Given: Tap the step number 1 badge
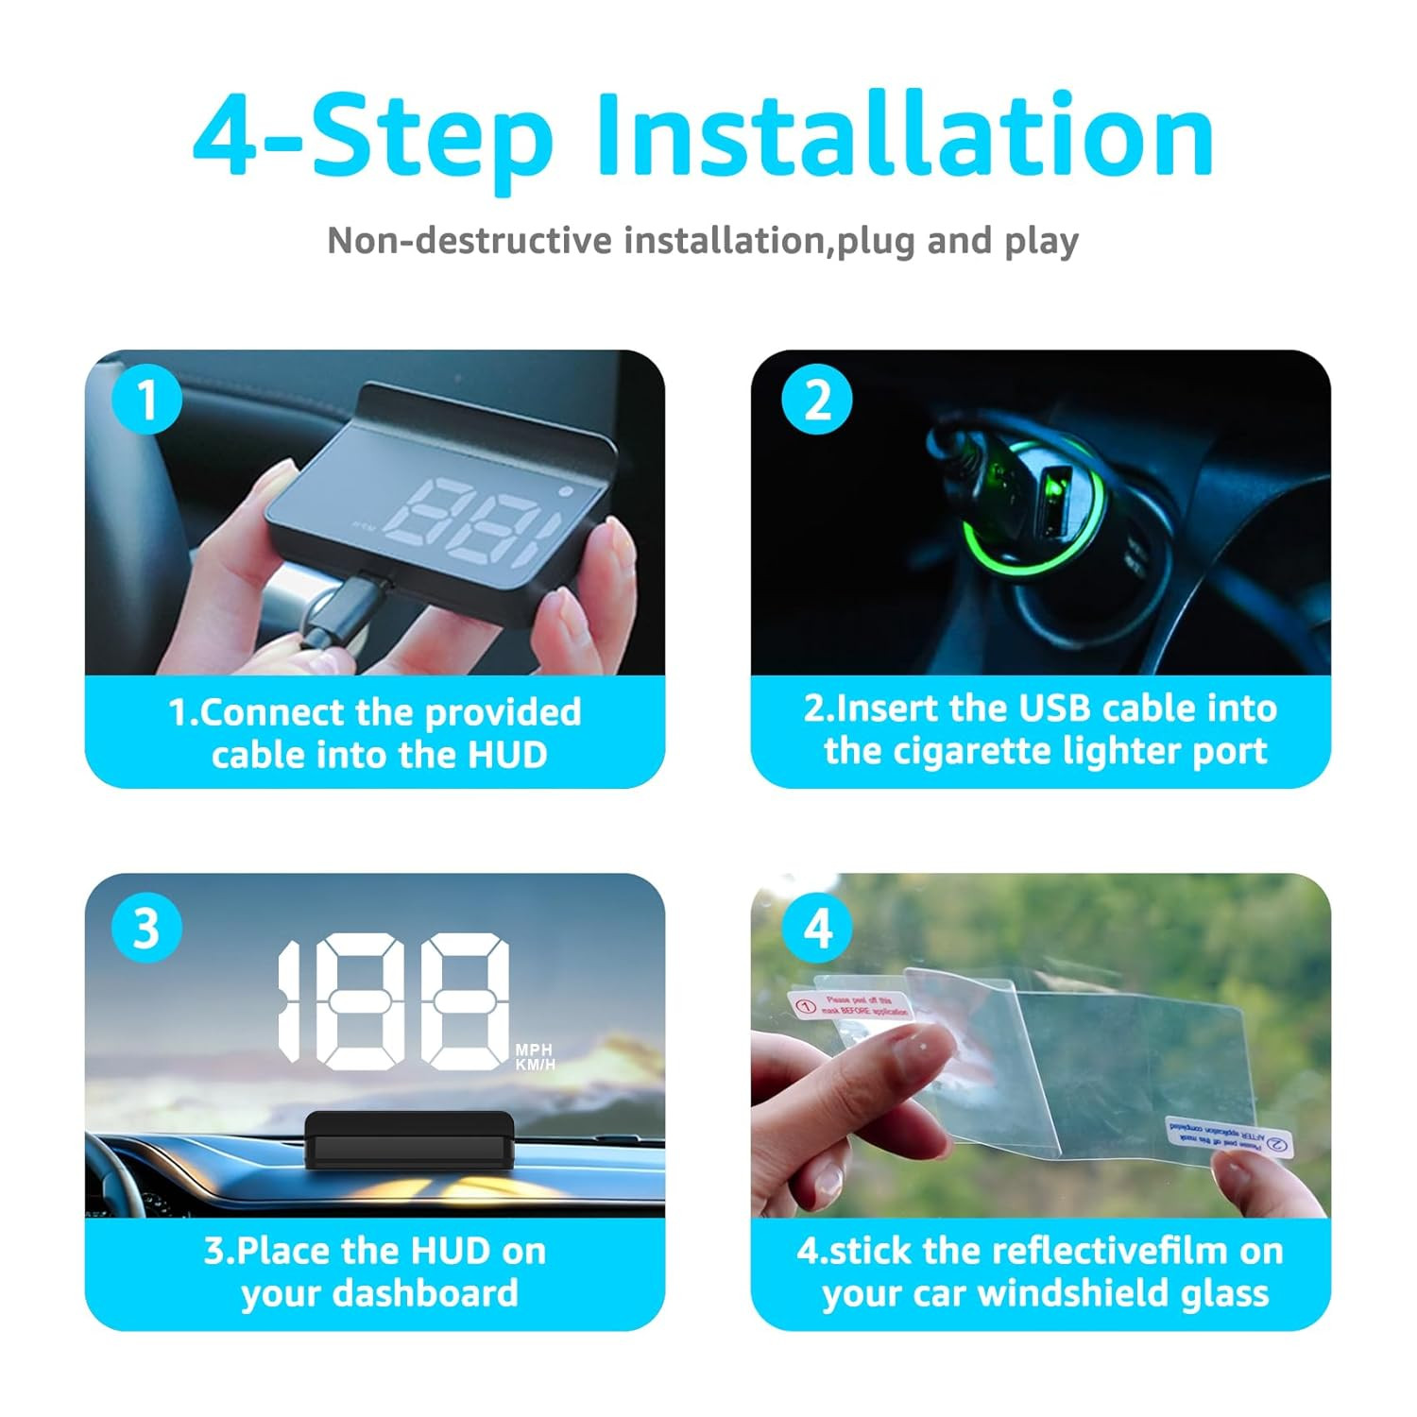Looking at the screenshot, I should tap(146, 401).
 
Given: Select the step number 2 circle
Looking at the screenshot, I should tap(816, 401).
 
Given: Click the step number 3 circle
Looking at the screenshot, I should tap(146, 928).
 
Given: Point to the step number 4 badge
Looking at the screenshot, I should tap(816, 928).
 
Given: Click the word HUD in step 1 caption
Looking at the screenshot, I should tap(507, 755).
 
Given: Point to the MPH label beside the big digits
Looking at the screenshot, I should tap(534, 1050).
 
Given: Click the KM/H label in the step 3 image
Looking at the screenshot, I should tap(535, 1065).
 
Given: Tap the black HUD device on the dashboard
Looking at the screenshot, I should tap(410, 1138).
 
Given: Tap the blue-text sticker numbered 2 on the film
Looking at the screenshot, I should tap(1228, 1136).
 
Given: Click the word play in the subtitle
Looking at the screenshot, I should tap(1041, 241).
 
